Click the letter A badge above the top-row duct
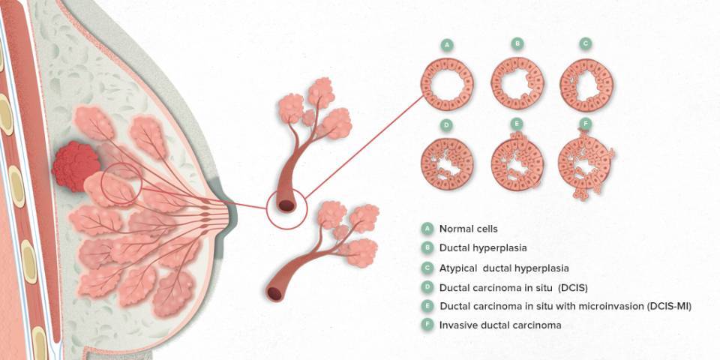point(447,44)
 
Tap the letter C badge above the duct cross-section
point(585,44)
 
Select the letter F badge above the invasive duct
point(585,124)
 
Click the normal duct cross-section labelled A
point(447,85)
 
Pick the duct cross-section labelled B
point(517,83)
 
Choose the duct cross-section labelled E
point(517,161)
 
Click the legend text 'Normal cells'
point(468,228)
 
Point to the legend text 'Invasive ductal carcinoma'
point(500,325)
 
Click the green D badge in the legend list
point(427,287)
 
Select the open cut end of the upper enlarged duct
point(287,205)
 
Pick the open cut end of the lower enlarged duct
point(275,293)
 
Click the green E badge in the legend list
point(427,306)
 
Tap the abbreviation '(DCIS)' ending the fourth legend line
point(573,288)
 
